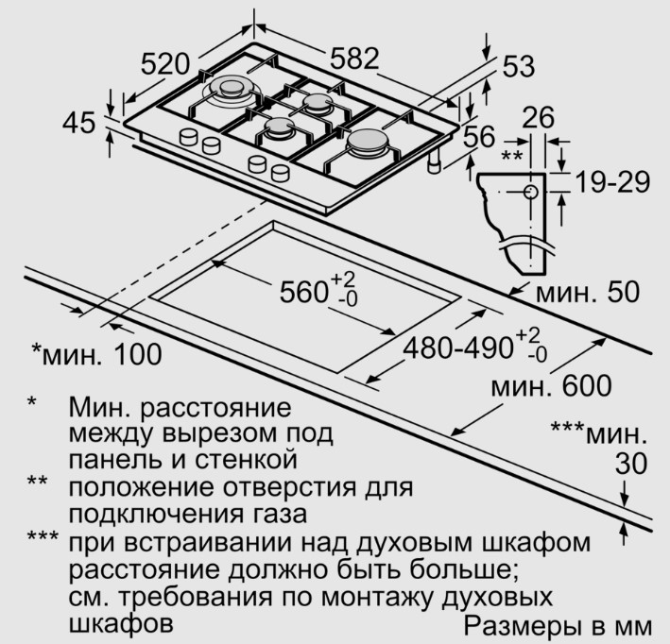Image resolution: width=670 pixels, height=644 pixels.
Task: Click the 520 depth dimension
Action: pyautogui.click(x=165, y=64)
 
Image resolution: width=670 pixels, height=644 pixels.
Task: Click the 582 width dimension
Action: pyautogui.click(x=354, y=59)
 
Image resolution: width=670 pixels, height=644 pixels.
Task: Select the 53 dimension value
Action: pyautogui.click(x=518, y=66)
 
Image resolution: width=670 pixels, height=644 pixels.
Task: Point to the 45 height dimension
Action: pyautogui.click(x=78, y=123)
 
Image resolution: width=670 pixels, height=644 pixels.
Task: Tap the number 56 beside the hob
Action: pyautogui.click(x=479, y=136)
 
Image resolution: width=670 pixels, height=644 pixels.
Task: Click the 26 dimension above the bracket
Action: pyautogui.click(x=538, y=117)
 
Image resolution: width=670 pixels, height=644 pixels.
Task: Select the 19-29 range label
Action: pyautogui.click(x=612, y=182)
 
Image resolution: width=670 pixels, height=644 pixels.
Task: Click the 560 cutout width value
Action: pyautogui.click(x=303, y=292)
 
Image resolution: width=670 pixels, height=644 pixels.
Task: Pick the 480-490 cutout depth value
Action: pyautogui.click(x=457, y=347)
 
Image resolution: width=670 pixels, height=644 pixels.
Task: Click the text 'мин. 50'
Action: pyautogui.click(x=588, y=292)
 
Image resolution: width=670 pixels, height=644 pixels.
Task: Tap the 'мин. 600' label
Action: pyautogui.click(x=551, y=385)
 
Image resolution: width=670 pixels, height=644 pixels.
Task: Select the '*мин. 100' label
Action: pyautogui.click(x=97, y=354)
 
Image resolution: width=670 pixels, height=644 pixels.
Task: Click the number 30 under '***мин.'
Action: pyautogui.click(x=631, y=465)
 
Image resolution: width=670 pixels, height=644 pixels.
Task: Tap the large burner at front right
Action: pyautogui.click(x=369, y=142)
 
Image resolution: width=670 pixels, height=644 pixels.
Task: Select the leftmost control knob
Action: pyautogui.click(x=188, y=137)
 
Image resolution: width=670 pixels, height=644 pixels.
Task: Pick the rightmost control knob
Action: pyautogui.click(x=281, y=173)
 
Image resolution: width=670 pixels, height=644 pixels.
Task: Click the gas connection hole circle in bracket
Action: pyautogui.click(x=531, y=192)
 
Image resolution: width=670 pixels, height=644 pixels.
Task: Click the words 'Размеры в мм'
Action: pyautogui.click(x=558, y=626)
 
